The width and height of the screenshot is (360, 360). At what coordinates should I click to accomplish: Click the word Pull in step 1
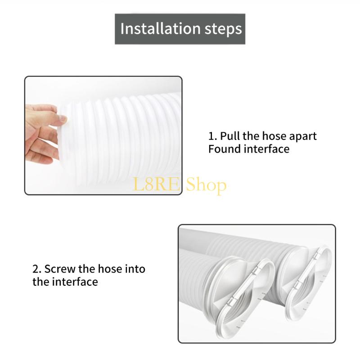pos(229,136)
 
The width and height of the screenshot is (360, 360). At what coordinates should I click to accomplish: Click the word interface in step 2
pos(74,282)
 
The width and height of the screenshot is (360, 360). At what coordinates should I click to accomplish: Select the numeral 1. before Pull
pos(212,136)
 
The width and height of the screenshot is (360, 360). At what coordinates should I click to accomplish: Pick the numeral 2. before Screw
pos(37,270)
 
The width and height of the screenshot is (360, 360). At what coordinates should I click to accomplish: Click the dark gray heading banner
pos(180,29)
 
